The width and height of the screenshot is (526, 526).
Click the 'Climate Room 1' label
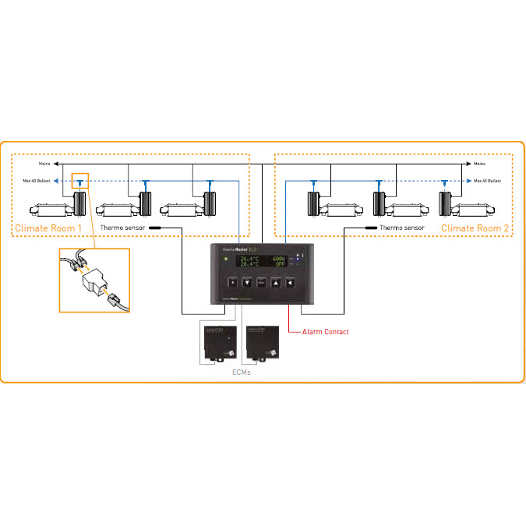point(48,228)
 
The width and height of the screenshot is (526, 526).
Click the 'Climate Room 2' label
point(475,228)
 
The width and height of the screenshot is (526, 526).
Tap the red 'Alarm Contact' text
point(325,332)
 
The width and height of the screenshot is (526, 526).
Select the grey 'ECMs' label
point(242,372)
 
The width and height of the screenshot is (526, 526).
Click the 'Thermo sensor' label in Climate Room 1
point(122,228)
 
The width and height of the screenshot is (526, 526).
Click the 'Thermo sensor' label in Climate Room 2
point(402,228)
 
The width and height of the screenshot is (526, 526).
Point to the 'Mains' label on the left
point(45,164)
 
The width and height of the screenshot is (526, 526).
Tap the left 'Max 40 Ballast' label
point(38,181)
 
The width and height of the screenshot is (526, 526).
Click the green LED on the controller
point(224,259)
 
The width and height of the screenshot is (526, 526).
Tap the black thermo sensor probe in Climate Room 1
point(154,228)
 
